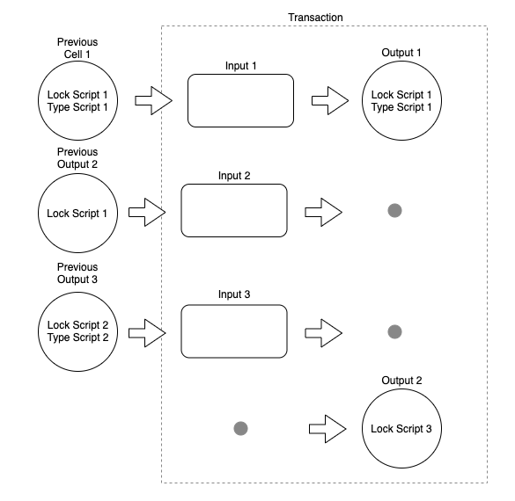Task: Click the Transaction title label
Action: (x=315, y=18)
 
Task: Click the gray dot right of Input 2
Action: (x=394, y=210)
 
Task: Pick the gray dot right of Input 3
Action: (x=394, y=332)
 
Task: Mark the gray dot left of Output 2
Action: (x=240, y=429)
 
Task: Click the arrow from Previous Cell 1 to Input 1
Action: (x=154, y=101)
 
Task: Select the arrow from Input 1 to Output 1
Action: (x=330, y=101)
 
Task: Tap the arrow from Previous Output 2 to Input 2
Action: (x=147, y=212)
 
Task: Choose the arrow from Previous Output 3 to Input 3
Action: (x=147, y=333)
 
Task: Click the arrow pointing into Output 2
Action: (x=327, y=429)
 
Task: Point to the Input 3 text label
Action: (x=234, y=294)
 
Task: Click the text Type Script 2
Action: (x=77, y=338)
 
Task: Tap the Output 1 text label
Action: (x=401, y=53)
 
